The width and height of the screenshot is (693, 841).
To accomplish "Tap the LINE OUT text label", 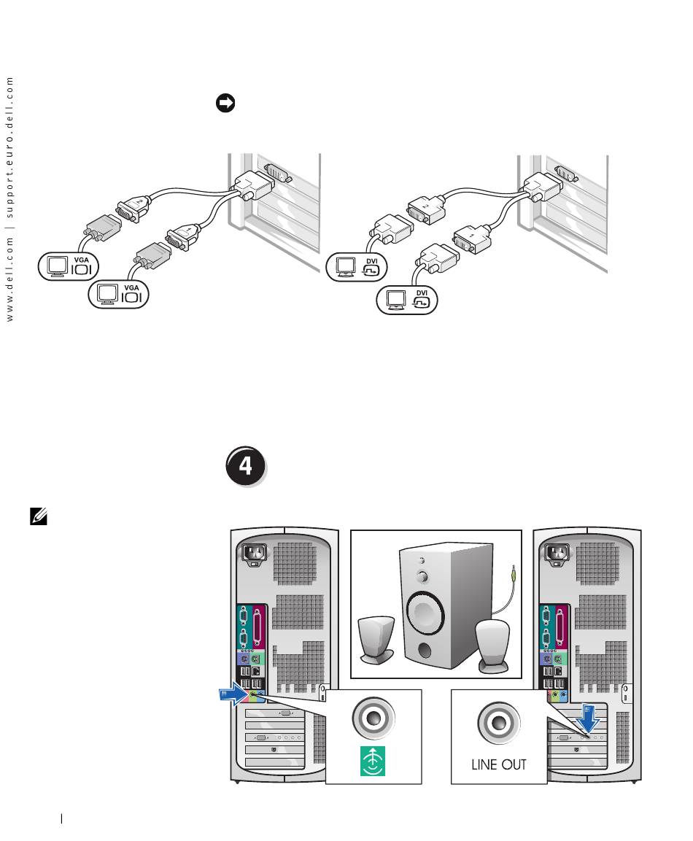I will pyautogui.click(x=499, y=766).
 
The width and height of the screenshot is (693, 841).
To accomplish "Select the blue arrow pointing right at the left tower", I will pyautogui.click(x=236, y=697).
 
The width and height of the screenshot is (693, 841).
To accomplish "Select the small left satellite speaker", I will pyautogui.click(x=376, y=637).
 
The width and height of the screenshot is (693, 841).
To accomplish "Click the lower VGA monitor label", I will pyautogui.click(x=118, y=294).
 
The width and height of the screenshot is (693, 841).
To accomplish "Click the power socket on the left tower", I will pyautogui.click(x=252, y=554).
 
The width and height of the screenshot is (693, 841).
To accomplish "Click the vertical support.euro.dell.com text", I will pyautogui.click(x=10, y=147).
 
